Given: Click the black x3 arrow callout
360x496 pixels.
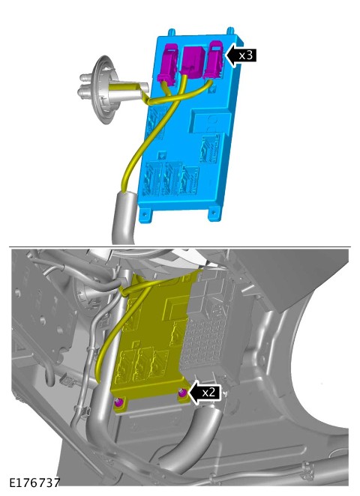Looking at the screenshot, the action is pos(241,55).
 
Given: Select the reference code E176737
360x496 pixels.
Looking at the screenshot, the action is pos(34,483).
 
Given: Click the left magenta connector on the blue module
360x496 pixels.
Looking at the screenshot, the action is pos(167,65).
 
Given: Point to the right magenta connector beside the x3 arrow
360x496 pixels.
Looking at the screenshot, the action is pos(214,59).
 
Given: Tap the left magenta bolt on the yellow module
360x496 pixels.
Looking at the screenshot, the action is pos(118,402).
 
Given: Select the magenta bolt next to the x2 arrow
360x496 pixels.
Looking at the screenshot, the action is pos(183,393).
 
